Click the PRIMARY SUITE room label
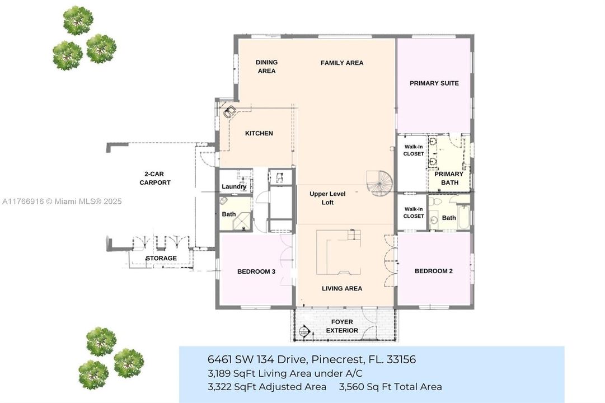(x=434, y=83)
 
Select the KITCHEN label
(x=259, y=133)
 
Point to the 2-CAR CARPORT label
(x=155, y=178)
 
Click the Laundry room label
(x=233, y=186)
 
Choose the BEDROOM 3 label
(x=256, y=271)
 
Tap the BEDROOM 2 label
(x=433, y=271)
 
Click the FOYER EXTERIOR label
(x=342, y=326)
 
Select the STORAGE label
(x=161, y=258)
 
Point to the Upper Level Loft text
(x=327, y=198)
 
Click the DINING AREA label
(x=266, y=67)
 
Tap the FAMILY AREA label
(x=341, y=63)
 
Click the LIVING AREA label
(x=341, y=288)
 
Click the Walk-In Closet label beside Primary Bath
(x=414, y=150)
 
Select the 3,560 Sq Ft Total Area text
(x=390, y=386)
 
